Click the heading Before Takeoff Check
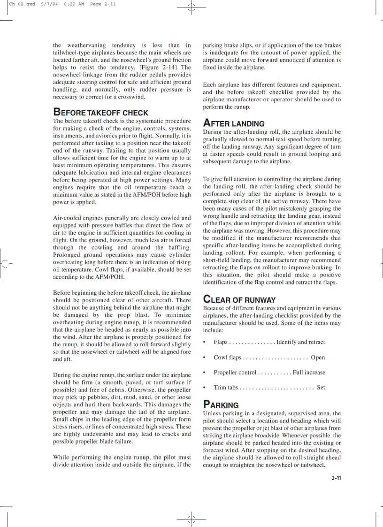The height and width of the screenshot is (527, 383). coord(100,113)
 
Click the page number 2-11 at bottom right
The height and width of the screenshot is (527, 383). coord(336,478)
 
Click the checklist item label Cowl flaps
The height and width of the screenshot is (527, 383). coord(227,358)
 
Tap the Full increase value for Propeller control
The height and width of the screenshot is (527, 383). coord(308,373)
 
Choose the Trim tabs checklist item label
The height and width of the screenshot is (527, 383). coord(226,388)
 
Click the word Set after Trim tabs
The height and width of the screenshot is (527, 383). coord(321,388)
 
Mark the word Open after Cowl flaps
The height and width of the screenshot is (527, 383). coord(318,358)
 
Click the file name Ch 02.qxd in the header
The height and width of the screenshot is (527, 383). coord(22,4)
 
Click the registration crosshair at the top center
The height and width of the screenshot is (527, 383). coord(191,7)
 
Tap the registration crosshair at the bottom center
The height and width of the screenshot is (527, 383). coord(191,519)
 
